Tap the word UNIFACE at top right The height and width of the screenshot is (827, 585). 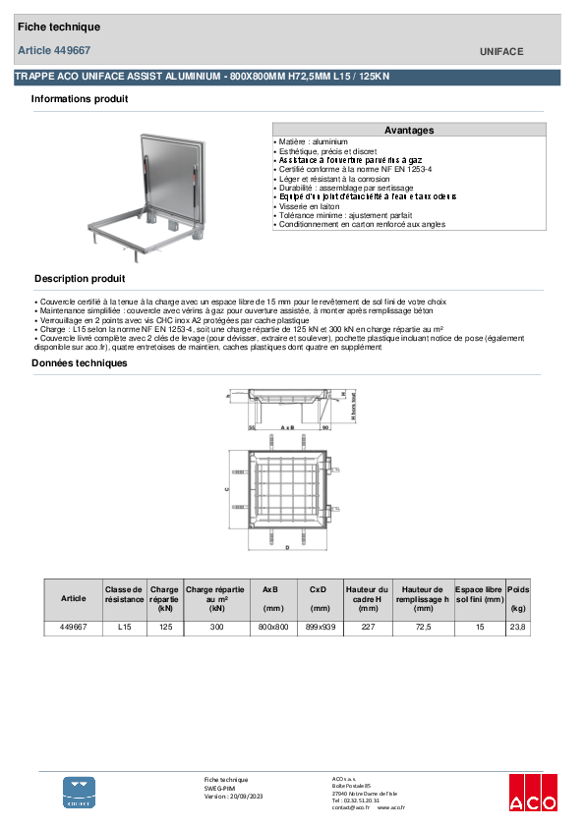[x=501, y=51]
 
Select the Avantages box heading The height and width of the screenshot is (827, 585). [x=408, y=130]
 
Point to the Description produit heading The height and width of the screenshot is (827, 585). [x=80, y=279]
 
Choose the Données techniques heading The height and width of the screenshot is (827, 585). [x=79, y=363]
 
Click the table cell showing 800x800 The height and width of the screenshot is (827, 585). [x=272, y=627]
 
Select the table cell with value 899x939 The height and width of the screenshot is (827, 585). [x=321, y=627]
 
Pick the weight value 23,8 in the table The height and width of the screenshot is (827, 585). [x=518, y=627]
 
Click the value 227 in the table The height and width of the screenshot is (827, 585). [x=369, y=627]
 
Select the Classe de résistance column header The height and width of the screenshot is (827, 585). [x=124, y=594]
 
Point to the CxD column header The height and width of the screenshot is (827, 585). [x=321, y=589]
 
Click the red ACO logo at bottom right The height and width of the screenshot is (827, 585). [x=532, y=794]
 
